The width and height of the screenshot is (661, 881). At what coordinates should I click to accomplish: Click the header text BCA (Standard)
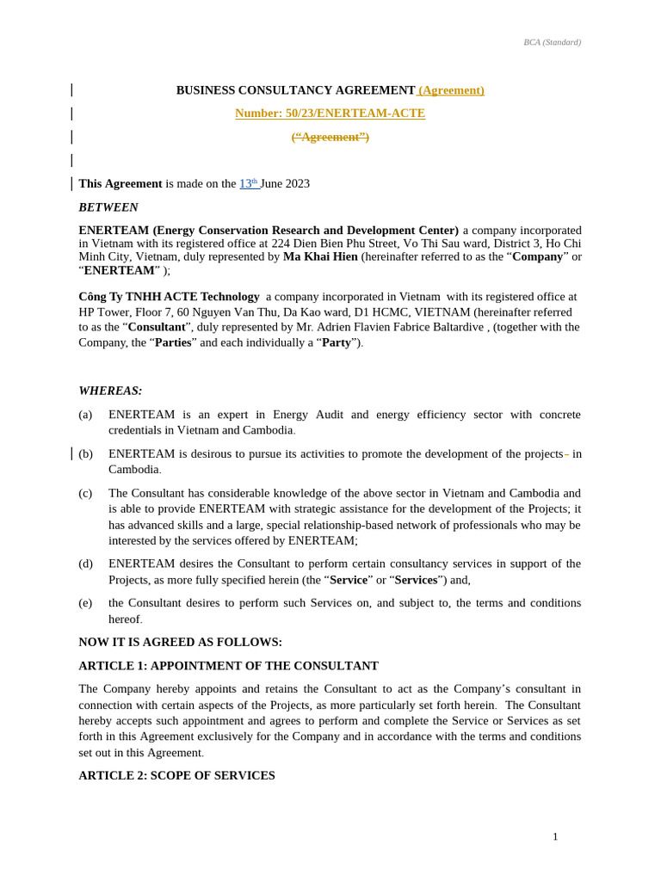[552, 42]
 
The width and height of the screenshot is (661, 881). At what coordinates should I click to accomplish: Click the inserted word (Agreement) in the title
[451, 90]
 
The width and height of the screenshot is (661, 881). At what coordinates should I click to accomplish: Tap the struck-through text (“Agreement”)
[330, 137]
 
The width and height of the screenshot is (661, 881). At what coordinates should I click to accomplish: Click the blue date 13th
[248, 183]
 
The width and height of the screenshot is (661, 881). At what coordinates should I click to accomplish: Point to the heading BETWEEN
[108, 207]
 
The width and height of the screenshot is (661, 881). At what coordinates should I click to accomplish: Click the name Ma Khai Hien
[320, 256]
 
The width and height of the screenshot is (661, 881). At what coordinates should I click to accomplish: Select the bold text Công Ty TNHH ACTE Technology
[169, 297]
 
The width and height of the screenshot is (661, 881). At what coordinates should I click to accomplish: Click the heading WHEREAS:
[110, 391]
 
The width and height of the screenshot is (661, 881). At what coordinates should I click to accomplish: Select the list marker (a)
[85, 415]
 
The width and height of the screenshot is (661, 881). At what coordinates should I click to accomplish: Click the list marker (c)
[85, 493]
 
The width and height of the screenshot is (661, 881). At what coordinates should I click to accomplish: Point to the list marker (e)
[85, 603]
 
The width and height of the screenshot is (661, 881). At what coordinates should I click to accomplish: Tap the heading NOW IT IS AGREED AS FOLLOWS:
[180, 642]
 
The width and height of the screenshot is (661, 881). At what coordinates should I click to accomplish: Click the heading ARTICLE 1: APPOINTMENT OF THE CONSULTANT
[228, 666]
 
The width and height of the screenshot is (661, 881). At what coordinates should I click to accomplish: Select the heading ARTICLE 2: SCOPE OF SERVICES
[176, 775]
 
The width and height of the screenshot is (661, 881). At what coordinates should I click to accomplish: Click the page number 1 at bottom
[555, 837]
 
